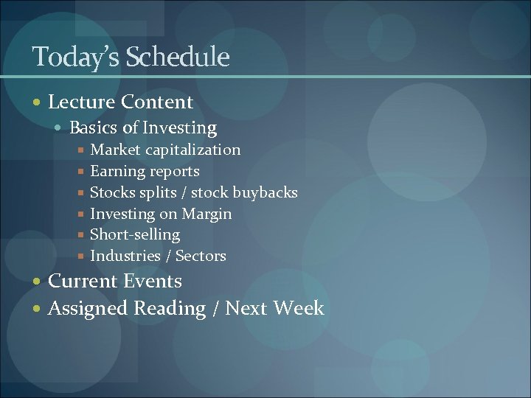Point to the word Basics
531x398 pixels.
point(94,128)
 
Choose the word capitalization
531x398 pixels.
point(192,150)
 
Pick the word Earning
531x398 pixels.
point(116,171)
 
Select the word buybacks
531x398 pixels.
point(265,192)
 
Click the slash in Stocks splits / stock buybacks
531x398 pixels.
point(184,192)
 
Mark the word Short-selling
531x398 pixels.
point(134,234)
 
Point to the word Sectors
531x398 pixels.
point(201,256)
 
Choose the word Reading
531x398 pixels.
point(170,308)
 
